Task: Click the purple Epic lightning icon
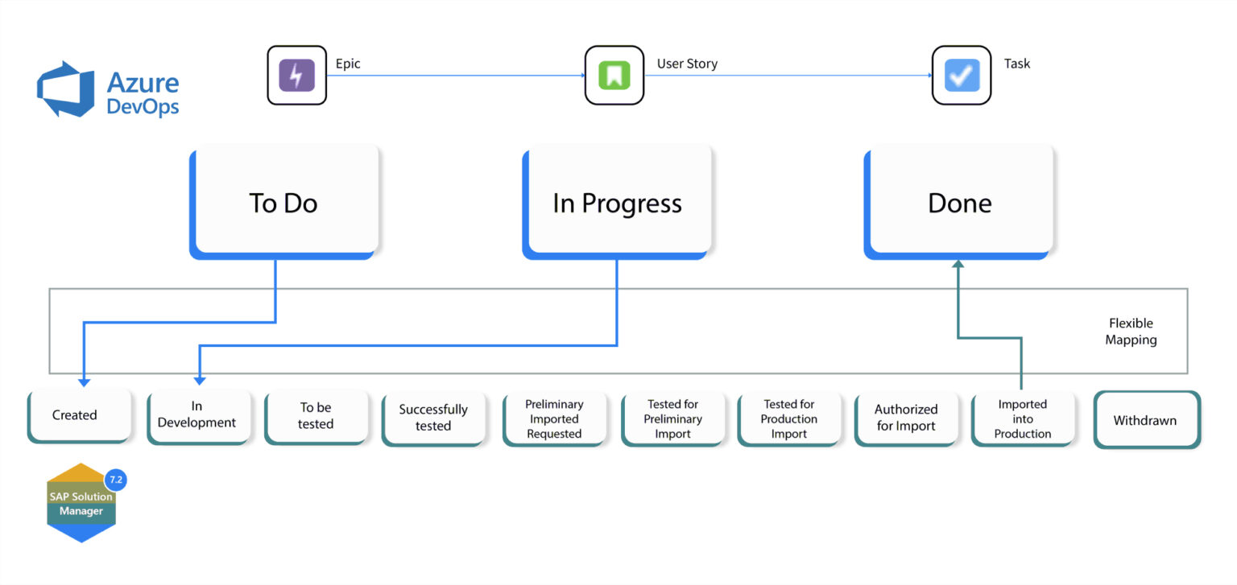(x=296, y=76)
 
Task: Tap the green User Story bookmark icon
(x=614, y=76)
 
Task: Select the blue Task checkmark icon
(x=962, y=76)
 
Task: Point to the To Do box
(x=284, y=203)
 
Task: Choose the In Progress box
(x=617, y=203)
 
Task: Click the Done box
(x=959, y=203)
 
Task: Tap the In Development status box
(x=197, y=416)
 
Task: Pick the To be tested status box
(x=316, y=416)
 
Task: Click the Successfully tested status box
(x=433, y=418)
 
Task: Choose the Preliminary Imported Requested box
(x=554, y=419)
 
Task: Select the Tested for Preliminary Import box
(x=672, y=419)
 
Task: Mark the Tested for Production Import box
(x=789, y=419)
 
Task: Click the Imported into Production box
(x=1023, y=419)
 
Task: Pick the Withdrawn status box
(x=1145, y=420)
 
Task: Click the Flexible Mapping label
(x=1131, y=332)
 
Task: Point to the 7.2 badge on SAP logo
(x=116, y=480)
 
